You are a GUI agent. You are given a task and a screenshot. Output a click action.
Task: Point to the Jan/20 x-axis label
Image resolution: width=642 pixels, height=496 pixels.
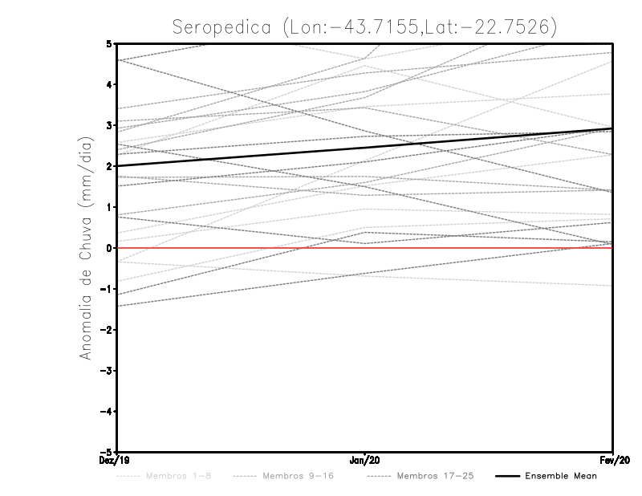coord(365,461)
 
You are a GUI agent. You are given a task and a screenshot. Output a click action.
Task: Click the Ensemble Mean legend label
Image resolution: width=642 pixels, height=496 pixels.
coord(561,476)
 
